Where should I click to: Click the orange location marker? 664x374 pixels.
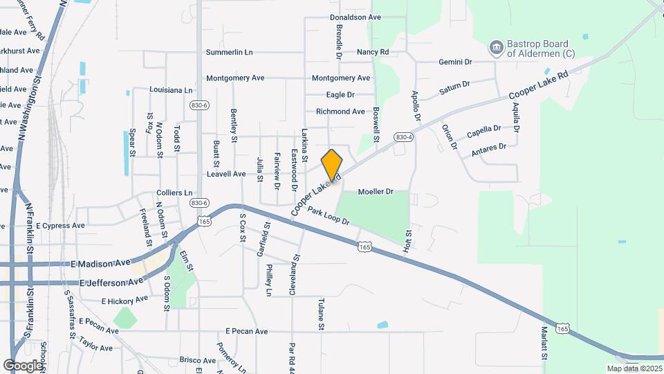pyautogui.click(x=332, y=165)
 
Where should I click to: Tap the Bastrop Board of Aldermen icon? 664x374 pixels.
pyautogui.click(x=495, y=48)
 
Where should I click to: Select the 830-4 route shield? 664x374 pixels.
pyautogui.click(x=404, y=138)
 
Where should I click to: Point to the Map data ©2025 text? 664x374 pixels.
pyautogui.click(x=634, y=368)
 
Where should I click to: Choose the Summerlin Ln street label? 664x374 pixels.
pyautogui.click(x=230, y=53)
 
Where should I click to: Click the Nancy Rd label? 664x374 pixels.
pyautogui.click(x=373, y=52)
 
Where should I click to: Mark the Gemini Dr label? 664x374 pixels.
pyautogui.click(x=455, y=62)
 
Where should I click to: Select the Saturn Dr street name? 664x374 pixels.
pyautogui.click(x=454, y=89)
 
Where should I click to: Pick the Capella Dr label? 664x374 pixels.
pyautogui.click(x=483, y=130)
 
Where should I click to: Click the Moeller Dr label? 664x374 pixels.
pyautogui.click(x=376, y=191)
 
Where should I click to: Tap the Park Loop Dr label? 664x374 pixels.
pyautogui.click(x=329, y=216)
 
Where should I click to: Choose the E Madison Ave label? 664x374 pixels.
pyautogui.click(x=100, y=263)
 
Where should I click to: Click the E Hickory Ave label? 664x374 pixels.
pyautogui.click(x=124, y=300)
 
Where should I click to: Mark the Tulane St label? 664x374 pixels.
pyautogui.click(x=321, y=314)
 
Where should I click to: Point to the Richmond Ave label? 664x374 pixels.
pyautogui.click(x=340, y=112)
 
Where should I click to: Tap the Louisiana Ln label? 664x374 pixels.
pyautogui.click(x=171, y=90)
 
